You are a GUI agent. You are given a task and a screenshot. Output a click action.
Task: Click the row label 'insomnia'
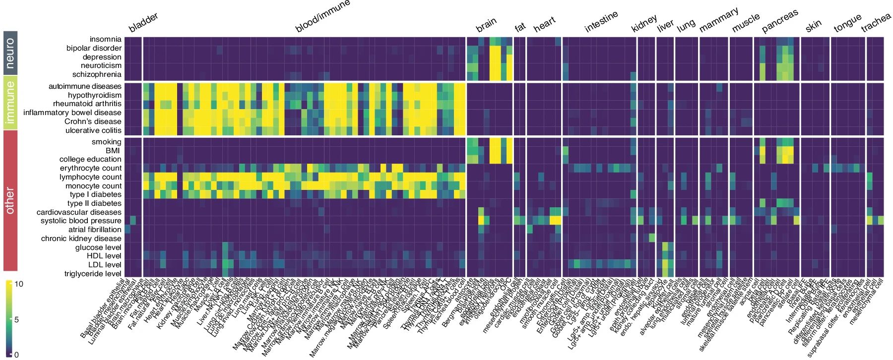click(105, 39)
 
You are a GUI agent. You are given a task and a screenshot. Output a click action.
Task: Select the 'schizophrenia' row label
click(97, 74)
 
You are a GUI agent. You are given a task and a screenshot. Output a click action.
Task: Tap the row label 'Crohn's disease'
click(93, 121)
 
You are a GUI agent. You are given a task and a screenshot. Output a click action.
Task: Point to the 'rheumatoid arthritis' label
click(87, 104)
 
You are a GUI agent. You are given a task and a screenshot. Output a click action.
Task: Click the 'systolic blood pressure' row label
click(81, 221)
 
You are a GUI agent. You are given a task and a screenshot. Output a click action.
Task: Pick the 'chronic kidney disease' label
click(81, 239)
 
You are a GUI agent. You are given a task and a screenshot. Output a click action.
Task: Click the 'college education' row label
click(90, 159)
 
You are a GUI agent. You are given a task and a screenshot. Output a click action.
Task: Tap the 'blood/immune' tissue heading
click(322, 16)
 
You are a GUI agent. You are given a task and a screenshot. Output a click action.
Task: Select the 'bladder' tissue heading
click(143, 22)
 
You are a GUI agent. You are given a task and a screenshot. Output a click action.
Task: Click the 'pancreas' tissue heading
click(780, 21)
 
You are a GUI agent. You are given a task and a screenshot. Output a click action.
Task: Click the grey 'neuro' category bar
click(10, 53)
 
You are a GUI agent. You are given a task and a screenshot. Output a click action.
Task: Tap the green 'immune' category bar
click(10, 102)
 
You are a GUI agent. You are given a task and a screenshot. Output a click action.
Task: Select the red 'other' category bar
click(10, 200)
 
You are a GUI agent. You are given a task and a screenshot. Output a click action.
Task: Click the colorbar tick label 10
click(18, 284)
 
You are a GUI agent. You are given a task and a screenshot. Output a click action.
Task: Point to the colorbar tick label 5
click(16, 320)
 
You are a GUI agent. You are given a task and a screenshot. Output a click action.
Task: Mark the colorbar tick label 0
click(16, 355)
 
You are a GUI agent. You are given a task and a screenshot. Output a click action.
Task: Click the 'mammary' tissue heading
click(718, 20)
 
